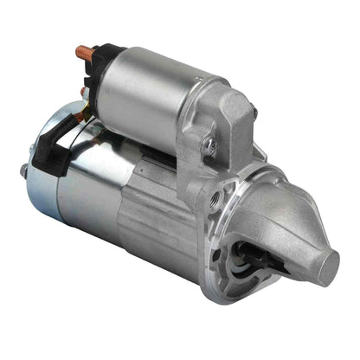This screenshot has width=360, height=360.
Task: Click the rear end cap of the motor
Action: [x=43, y=190]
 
